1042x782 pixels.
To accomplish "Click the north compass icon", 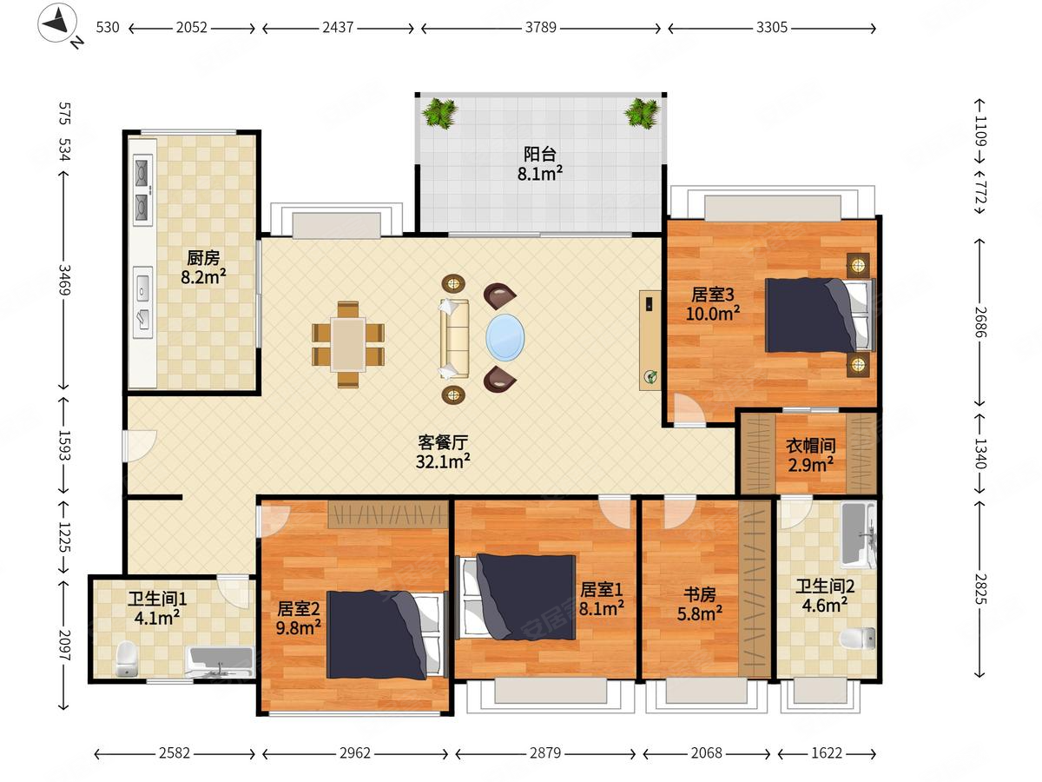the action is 57,23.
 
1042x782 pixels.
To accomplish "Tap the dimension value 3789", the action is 540,27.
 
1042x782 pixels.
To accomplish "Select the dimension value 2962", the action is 354,753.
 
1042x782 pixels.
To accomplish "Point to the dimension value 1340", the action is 980,454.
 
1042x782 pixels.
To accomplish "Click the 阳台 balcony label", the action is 540,154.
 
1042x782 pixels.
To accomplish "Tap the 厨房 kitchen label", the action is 203,258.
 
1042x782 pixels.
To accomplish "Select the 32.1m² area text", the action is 443,461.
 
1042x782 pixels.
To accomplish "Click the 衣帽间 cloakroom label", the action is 811,446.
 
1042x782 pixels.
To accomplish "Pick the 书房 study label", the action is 699,594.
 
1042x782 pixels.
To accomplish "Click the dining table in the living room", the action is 348,344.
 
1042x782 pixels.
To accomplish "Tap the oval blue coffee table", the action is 505,338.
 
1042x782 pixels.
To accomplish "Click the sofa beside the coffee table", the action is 455,339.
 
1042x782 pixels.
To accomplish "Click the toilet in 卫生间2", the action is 857,638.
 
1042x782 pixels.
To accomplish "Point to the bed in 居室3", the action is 820,315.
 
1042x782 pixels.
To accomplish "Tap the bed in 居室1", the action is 516,597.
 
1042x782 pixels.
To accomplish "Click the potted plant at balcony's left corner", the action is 439,113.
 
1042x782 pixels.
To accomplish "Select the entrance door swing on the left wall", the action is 140,446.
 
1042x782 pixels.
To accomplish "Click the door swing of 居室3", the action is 689,408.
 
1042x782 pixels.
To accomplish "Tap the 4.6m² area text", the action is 825,606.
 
